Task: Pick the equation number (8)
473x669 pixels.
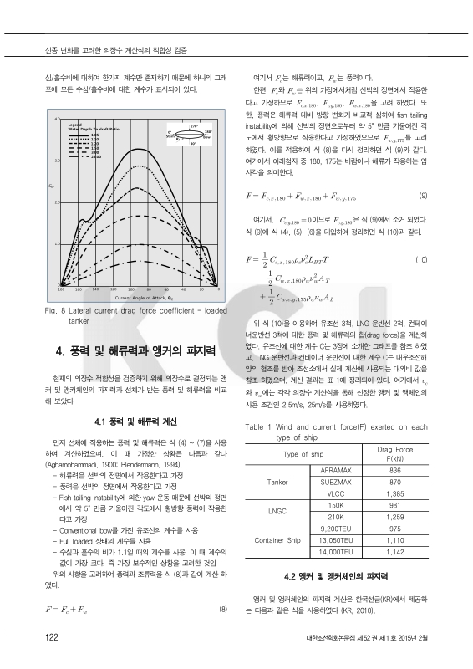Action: (223, 609)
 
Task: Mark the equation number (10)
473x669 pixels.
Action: (421, 261)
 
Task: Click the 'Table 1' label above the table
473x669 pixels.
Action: (258, 426)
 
